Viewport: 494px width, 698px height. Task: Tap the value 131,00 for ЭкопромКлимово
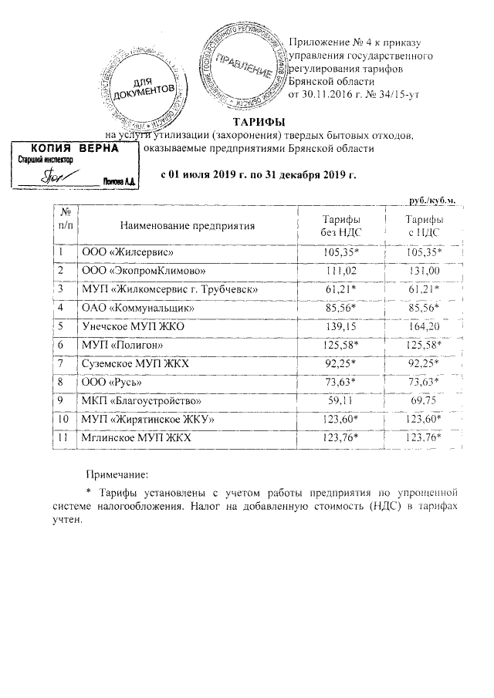click(424, 271)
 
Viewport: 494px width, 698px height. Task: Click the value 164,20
click(424, 327)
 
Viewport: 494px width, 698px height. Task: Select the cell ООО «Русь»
click(112, 383)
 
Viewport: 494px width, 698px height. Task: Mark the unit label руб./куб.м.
click(432, 201)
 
